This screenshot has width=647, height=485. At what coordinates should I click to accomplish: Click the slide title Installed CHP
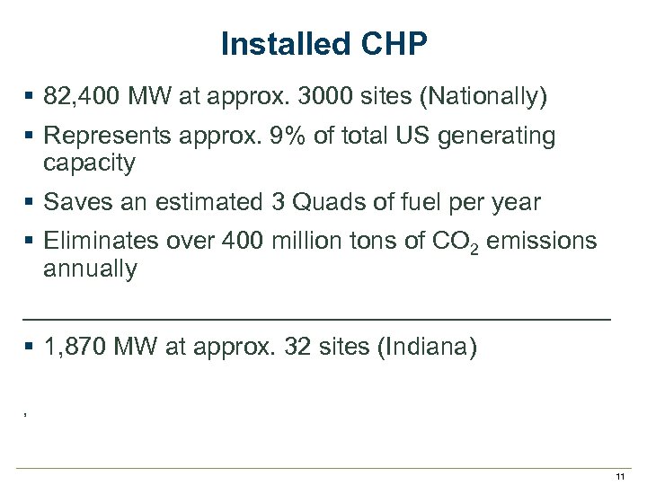pos(323,44)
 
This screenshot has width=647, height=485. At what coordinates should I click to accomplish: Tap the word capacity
pos(89,163)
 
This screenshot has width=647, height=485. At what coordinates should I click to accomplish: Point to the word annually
pos(90,269)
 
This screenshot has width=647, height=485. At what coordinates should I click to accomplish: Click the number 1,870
pos(75,348)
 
